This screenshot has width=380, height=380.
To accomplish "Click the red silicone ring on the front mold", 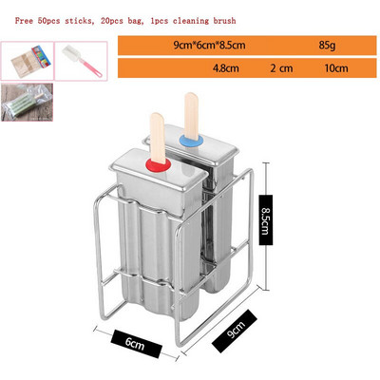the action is coord(158,165).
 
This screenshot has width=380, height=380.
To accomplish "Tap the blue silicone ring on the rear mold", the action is coord(191,141).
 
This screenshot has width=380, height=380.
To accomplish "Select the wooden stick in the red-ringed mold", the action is coord(158,138).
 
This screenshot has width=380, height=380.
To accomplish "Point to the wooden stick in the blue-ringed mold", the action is coord(191,116).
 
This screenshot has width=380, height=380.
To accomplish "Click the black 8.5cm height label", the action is coord(265,220).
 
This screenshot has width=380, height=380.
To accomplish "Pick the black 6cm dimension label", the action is coord(137,344).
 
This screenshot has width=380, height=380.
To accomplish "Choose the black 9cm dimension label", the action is coord(235,332).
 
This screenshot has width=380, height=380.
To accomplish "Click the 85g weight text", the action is coord(327,46).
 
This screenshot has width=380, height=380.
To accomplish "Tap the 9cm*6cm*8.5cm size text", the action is coord(209,46).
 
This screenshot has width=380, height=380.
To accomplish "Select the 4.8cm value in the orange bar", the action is coord(226,68).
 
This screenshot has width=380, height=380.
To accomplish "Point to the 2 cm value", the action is coord(281,68).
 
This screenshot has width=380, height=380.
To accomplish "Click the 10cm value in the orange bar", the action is coord(336,68).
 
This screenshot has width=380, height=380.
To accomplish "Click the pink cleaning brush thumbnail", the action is coord(81,61).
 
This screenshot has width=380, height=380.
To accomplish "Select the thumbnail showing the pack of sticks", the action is coord(28,61).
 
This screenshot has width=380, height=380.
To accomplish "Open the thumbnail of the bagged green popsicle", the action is coord(27,102).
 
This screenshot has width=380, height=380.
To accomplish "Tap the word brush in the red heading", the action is coord(224,21).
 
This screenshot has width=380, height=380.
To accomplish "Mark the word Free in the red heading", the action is coord(24,21).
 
